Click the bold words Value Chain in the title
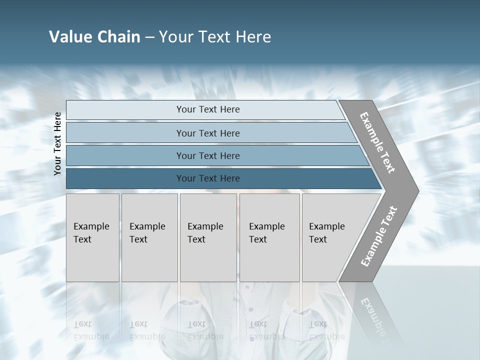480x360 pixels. pos(94,37)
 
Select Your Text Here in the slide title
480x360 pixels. pos(215,37)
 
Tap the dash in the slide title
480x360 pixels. pos(149,37)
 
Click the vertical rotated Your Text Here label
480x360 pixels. pos(57,143)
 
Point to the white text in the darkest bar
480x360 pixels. pos(208,178)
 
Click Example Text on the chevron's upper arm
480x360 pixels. pos(377,142)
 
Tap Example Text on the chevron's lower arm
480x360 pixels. pos(378,236)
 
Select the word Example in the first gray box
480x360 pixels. pos(91,226)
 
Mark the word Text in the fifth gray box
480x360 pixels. pos(317,239)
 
